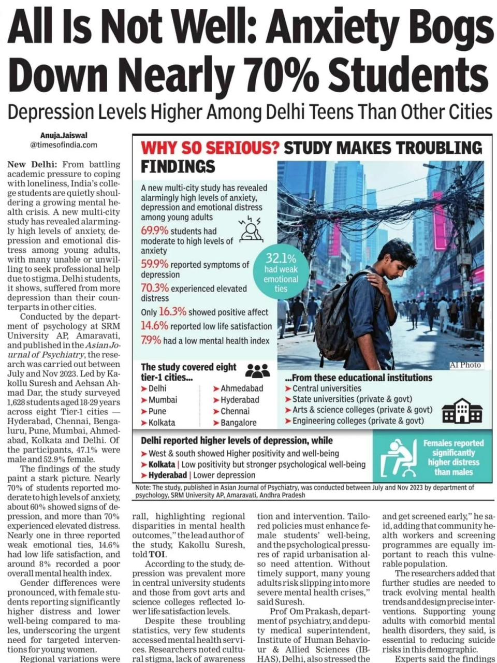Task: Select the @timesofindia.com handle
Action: tap(63, 145)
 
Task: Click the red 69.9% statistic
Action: tap(155, 230)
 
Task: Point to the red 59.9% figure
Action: tap(155, 264)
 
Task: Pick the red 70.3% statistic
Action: tap(155, 288)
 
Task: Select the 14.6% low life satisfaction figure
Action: tap(155, 326)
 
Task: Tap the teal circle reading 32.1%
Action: tap(281, 272)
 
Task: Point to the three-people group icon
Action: tap(257, 370)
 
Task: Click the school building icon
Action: tap(462, 412)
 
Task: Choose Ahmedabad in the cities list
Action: tap(242, 388)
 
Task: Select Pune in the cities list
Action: tap(157, 411)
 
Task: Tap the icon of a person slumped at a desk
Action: tap(399, 458)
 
